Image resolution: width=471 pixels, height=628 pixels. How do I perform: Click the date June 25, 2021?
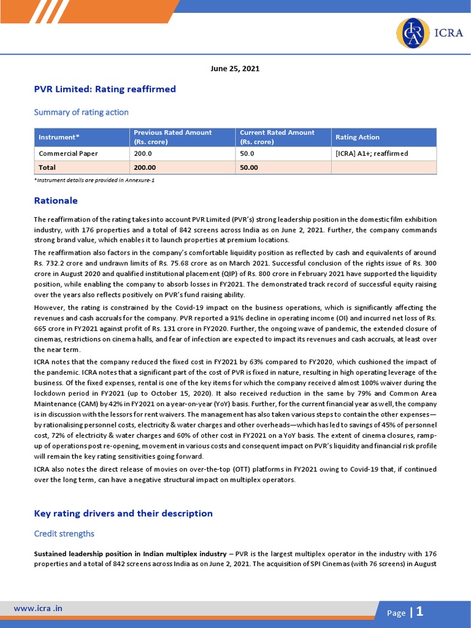(x=235, y=69)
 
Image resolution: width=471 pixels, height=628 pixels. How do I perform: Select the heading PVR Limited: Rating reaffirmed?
(x=105, y=90)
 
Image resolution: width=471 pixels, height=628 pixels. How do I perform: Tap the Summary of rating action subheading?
(x=81, y=112)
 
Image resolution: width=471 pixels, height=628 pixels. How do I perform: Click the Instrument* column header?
(x=59, y=137)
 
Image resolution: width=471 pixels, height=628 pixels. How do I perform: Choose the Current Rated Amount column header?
(x=277, y=137)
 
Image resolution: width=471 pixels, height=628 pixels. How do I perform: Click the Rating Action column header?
(x=357, y=137)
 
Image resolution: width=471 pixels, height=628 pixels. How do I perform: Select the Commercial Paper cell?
(x=68, y=153)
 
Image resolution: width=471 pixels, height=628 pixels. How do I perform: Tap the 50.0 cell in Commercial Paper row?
(x=247, y=153)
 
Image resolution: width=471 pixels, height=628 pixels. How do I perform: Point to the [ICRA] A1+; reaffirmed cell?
(x=372, y=153)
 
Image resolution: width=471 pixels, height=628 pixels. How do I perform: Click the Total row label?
(x=47, y=167)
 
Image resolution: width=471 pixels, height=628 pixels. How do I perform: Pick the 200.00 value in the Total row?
(x=145, y=167)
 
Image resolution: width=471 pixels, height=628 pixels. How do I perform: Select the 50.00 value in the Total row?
(x=249, y=167)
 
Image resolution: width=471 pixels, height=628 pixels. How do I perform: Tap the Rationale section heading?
(x=56, y=201)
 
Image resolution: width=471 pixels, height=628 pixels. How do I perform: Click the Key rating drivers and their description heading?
(x=123, y=513)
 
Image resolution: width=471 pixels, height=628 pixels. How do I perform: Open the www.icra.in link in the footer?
(x=39, y=608)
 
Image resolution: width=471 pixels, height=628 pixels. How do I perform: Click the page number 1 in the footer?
(x=420, y=611)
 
